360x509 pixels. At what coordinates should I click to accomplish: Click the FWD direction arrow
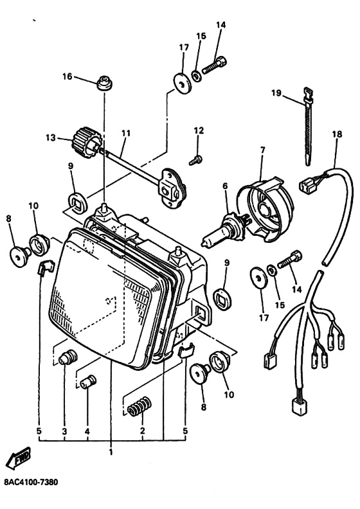(x=19, y=458)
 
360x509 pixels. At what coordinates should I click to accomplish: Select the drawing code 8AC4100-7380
(x=31, y=482)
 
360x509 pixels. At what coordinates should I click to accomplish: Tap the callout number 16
(x=67, y=76)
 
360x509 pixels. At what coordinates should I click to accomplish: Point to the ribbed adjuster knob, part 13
(x=85, y=141)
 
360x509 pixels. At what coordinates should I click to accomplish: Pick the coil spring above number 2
(x=139, y=406)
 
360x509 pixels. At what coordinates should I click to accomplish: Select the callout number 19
(x=276, y=93)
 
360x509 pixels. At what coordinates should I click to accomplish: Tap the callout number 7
(x=263, y=150)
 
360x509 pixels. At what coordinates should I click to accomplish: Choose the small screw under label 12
(x=195, y=160)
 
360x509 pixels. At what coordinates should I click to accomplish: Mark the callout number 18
(x=337, y=134)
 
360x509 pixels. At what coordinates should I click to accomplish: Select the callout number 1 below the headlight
(x=111, y=452)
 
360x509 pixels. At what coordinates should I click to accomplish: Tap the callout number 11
(x=126, y=133)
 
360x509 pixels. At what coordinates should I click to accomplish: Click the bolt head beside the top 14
(x=222, y=60)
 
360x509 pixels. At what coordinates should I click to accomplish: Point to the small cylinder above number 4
(x=89, y=382)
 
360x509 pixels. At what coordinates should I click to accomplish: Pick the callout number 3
(x=64, y=431)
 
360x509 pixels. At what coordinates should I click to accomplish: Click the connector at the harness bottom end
(x=299, y=406)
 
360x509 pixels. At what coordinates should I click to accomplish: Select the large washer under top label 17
(x=182, y=84)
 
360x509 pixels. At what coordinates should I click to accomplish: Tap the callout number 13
(x=51, y=138)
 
